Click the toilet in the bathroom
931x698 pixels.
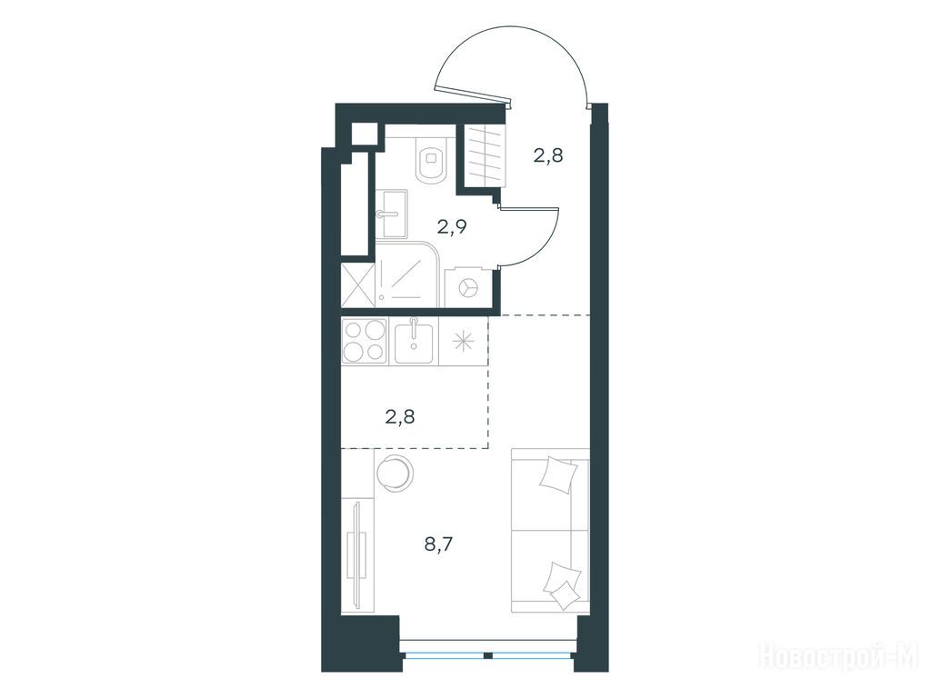click(x=431, y=160)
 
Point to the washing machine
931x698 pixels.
click(x=468, y=287)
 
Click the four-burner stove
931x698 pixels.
click(x=364, y=341)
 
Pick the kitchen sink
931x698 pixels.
click(x=414, y=341)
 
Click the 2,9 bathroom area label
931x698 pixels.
click(x=451, y=226)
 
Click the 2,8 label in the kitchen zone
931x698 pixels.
click(x=400, y=416)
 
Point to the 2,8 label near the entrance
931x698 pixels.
click(x=547, y=156)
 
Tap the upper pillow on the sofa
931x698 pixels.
click(x=558, y=473)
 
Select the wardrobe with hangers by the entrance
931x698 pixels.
click(x=486, y=156)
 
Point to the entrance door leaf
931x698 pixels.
click(x=473, y=94)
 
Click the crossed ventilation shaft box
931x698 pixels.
click(x=358, y=286)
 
